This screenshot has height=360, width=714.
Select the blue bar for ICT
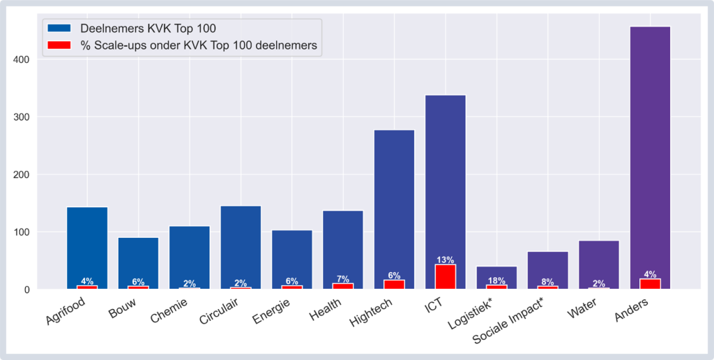point(446,174)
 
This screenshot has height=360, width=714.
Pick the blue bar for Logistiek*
point(496,272)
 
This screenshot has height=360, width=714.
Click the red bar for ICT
point(446,276)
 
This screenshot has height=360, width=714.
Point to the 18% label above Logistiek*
point(496,280)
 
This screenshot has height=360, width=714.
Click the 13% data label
point(446,260)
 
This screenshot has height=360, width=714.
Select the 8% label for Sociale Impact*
point(547,282)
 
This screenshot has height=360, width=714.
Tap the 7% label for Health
point(343,279)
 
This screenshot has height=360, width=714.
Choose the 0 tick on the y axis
point(29,290)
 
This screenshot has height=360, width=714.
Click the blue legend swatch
point(59,29)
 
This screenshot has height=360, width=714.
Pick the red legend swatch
point(59,45)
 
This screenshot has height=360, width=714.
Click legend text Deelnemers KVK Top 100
point(148,29)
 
